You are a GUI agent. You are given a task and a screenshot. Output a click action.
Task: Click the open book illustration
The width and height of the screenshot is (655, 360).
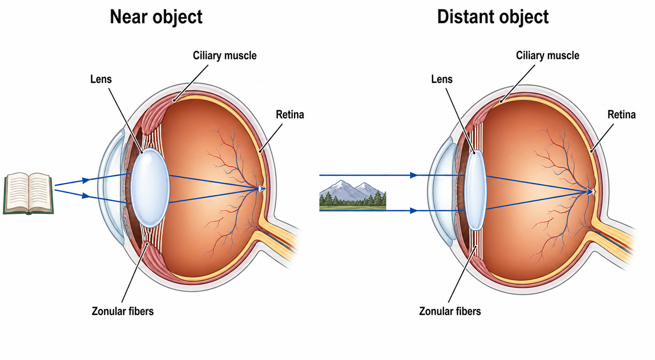(28, 194)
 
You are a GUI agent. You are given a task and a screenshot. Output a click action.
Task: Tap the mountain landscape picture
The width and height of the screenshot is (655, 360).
(352, 195)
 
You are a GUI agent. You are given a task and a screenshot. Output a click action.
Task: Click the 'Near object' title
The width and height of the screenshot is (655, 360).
(156, 17)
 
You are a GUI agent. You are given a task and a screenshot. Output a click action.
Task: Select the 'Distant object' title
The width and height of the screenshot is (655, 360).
(493, 17)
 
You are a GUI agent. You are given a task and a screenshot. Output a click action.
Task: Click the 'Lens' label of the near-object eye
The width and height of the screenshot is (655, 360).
(101, 79)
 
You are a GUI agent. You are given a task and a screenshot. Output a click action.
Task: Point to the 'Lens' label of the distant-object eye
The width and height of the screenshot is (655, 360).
(442, 79)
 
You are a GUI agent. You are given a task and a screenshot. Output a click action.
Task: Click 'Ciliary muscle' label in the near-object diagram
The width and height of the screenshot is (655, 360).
(225, 55)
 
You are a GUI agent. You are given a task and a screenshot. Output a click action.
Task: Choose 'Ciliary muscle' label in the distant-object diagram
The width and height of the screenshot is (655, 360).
(547, 55)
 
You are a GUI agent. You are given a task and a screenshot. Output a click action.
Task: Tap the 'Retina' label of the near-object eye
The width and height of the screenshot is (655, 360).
(290, 115)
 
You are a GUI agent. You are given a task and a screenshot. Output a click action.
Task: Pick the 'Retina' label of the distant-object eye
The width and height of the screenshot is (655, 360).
(621, 115)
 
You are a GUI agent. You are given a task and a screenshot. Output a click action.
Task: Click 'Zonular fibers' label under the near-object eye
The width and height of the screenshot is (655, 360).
(122, 311)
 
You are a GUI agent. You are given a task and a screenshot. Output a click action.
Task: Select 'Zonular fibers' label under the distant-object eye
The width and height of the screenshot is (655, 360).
(450, 311)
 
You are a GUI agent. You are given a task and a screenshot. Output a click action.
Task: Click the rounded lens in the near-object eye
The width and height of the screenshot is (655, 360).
(150, 188)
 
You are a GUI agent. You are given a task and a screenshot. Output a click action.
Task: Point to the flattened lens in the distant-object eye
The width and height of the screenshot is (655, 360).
(475, 190)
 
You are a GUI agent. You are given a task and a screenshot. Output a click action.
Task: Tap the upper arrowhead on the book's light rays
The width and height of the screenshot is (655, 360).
(86, 180)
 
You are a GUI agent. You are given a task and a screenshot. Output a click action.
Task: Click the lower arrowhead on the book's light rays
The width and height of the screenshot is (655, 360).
(86, 195)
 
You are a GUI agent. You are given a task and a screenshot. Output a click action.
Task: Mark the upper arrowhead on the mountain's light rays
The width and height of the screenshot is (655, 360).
(414, 175)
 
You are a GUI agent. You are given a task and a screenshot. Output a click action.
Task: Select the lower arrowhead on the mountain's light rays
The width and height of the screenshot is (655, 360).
(414, 211)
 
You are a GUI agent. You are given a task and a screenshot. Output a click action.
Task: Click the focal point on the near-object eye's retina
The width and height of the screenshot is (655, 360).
(261, 189)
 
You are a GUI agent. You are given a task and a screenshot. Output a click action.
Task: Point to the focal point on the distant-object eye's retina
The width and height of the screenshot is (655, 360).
(591, 192)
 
